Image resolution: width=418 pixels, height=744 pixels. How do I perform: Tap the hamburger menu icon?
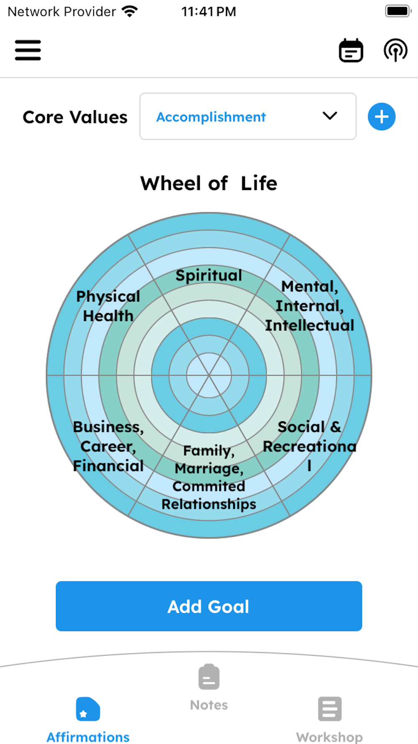[28, 50]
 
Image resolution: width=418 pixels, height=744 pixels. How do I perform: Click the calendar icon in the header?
[351, 51]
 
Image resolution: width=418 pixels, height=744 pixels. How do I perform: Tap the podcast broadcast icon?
[395, 50]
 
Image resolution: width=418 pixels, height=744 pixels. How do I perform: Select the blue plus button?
[381, 117]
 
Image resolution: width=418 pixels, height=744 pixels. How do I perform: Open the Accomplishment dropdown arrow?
[330, 116]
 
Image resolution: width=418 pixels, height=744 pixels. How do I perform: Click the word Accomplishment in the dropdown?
[211, 117]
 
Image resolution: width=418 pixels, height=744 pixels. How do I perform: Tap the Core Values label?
[75, 117]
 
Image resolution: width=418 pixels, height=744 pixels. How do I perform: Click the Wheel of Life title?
[209, 183]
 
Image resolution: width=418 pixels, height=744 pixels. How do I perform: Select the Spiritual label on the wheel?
[209, 275]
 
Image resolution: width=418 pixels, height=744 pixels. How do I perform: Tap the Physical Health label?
[108, 306]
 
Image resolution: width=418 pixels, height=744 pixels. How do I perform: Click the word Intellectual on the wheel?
[309, 326]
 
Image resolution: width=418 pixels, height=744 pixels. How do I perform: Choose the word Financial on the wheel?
[108, 466]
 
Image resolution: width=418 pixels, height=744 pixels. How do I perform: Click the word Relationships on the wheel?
[209, 504]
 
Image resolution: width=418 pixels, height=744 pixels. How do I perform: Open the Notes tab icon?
[209, 677]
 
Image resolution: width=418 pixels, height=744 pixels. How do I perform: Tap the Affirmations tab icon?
[88, 709]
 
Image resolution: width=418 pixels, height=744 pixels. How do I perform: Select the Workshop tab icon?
[329, 709]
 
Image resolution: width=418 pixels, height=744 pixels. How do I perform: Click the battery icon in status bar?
[398, 11]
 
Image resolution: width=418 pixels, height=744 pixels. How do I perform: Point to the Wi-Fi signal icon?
[130, 11]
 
